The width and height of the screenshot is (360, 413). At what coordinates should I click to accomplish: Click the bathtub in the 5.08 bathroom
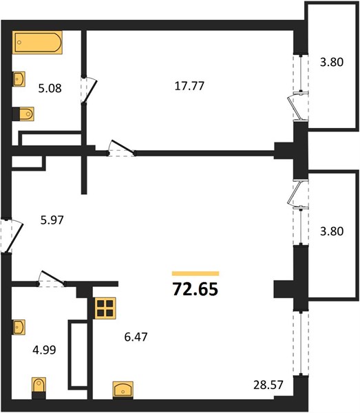(37, 43)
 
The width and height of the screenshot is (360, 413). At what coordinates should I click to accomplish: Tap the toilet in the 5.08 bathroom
(23, 114)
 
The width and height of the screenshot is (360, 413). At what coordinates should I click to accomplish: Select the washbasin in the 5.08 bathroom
(19, 78)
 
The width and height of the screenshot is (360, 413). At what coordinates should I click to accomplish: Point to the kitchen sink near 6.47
(123, 390)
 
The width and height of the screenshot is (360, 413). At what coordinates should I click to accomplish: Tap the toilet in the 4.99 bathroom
(39, 388)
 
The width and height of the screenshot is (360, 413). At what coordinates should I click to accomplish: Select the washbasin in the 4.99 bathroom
(19, 327)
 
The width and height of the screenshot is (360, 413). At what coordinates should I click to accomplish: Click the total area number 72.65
(195, 289)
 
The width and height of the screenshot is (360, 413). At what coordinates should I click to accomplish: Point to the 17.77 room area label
(189, 86)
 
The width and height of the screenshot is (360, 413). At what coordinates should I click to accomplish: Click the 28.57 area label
(268, 385)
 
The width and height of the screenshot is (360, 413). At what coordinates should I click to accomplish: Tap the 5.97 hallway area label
(52, 220)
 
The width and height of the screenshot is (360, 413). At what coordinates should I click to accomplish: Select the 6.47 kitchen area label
(136, 337)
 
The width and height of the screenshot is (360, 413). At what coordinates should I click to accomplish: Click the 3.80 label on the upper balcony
(332, 62)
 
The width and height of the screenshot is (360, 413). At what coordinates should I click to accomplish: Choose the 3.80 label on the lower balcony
(332, 231)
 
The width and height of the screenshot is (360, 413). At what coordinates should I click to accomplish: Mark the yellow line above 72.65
(195, 274)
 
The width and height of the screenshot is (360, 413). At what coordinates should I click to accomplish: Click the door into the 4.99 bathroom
(52, 279)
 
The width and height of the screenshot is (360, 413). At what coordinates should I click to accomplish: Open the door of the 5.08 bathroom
(89, 90)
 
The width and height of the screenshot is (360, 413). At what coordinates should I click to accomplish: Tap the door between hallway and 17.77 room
(121, 148)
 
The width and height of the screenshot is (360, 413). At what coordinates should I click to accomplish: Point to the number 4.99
(44, 350)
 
